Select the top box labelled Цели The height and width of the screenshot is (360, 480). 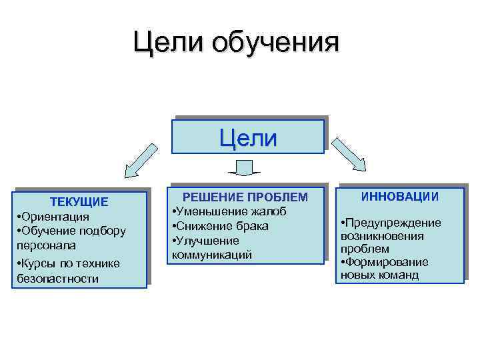coord(248,137)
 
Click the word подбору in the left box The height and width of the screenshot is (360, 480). coord(103,231)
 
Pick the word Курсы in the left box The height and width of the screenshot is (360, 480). coord(37,263)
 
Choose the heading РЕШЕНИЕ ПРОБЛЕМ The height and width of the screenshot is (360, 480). coord(246,197)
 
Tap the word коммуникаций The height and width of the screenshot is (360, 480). coord(212,254)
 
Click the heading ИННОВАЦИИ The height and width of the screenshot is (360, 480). coord(400,196)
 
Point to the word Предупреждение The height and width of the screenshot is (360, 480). coord(393,222)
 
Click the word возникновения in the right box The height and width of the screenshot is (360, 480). coord(381,236)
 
